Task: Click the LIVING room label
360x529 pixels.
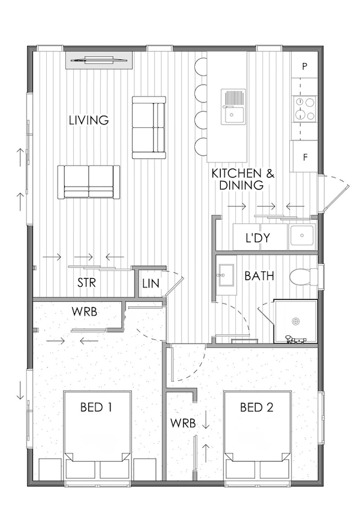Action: pos(88,120)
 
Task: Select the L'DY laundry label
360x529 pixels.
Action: pos(257,238)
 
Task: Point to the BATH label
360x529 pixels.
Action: pos(259,276)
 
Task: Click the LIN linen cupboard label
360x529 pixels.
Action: pos(151,283)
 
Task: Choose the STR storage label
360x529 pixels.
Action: pos(88,282)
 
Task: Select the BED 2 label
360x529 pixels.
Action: pos(257,408)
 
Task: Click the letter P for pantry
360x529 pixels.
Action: pos(305,67)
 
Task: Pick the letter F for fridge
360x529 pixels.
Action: pos(305,158)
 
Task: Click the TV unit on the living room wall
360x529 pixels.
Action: pos(99,59)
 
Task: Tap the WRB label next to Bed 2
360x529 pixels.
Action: pos(183,422)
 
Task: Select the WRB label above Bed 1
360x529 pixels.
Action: pos(85,312)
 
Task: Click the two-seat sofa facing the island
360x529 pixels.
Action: pos(148,127)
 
